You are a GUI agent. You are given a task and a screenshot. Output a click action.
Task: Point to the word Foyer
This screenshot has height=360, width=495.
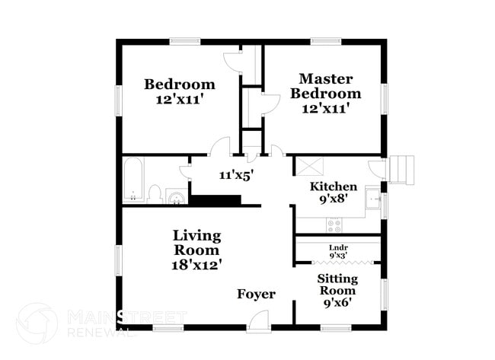[x=256, y=294]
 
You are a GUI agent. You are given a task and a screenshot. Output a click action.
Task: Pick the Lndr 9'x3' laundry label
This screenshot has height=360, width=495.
[x=338, y=251]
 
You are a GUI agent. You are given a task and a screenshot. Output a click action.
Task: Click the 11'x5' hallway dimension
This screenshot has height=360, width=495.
[x=236, y=174]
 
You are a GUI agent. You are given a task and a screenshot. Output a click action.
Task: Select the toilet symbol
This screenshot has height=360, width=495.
[x=155, y=194]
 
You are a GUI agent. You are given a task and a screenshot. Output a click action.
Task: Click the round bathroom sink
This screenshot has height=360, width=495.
[x=176, y=199]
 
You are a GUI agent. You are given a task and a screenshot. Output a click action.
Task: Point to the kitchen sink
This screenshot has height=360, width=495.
[x=372, y=200]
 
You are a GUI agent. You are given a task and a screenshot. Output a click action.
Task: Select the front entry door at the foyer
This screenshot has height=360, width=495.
[x=258, y=323]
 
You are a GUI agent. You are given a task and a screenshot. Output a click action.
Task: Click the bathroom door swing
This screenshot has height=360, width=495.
[x=185, y=171]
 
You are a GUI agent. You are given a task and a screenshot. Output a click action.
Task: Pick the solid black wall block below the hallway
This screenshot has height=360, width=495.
[x=215, y=199]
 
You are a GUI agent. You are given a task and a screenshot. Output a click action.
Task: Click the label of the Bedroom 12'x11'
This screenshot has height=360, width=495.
[x=180, y=91]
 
